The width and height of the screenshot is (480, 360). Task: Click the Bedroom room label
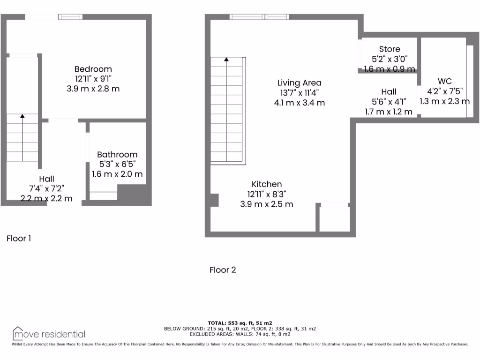click(93, 69)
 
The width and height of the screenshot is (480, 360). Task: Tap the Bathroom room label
click(117, 154)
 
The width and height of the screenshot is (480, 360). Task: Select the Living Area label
click(299, 83)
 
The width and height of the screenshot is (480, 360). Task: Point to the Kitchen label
click(267, 184)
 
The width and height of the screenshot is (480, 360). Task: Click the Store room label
click(390, 49)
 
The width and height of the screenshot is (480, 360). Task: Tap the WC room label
click(444, 81)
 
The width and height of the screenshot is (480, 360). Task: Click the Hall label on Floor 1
click(46, 179)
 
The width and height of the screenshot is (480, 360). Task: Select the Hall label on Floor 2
click(389, 92)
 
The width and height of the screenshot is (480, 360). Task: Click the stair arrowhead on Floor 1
click(22, 115)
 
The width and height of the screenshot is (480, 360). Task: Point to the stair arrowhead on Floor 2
click(226, 60)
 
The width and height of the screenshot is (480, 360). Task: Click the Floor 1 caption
click(19, 239)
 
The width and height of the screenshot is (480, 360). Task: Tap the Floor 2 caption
click(222, 270)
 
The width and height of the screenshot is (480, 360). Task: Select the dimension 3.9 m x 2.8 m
click(93, 89)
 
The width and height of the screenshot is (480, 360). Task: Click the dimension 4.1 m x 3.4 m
click(299, 103)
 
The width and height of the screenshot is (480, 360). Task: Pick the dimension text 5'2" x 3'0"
click(390, 59)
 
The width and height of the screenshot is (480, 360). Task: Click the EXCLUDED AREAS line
click(240, 334)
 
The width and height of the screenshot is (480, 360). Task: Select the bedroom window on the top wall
click(70, 17)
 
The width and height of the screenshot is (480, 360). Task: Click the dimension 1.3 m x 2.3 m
click(444, 101)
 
